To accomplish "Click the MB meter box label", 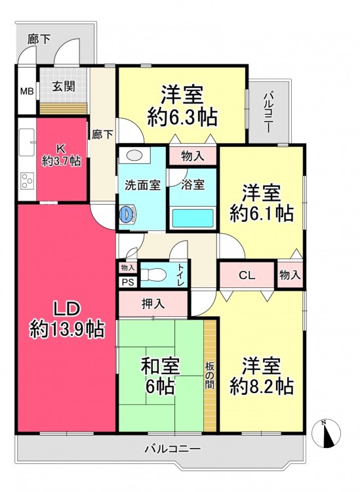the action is tap(27, 92).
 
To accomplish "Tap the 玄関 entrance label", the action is tap(64, 86).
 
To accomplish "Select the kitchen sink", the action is tap(27, 142).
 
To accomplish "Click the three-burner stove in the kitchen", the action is tap(27, 181).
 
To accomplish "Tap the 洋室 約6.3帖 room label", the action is tap(182, 106).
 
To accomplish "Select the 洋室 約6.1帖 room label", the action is tap(261, 203).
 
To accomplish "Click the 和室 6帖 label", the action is tap(160, 377).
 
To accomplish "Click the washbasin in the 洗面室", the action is tap(135, 155).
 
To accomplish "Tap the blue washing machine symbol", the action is tap(127, 214).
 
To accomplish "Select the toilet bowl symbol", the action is tap(153, 275).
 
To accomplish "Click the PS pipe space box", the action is tap(128, 282).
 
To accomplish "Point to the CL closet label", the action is tap(247, 275).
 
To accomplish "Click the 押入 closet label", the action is tap(153, 304).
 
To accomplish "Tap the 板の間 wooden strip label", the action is tap(210, 375).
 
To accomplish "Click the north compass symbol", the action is tap(326, 434).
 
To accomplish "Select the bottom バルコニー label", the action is tap(172, 449).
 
